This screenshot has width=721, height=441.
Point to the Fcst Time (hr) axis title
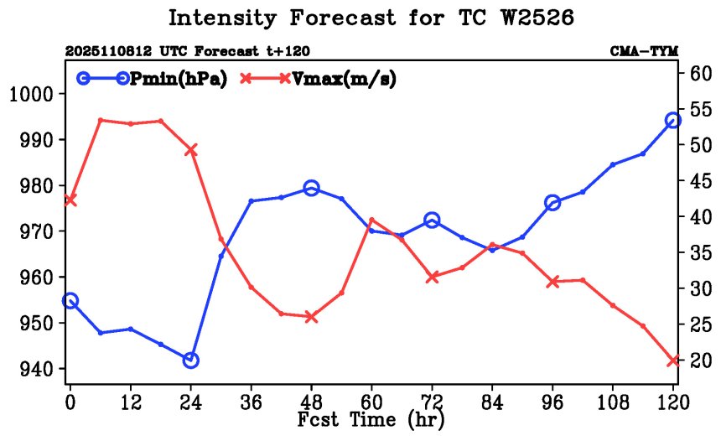[371, 419]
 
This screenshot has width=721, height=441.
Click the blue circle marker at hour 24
[190, 361]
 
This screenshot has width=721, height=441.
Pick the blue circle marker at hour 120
[672, 121]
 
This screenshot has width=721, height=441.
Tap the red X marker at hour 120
[672, 361]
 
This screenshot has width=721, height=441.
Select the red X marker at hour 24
[190, 150]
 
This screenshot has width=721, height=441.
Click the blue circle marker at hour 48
[311, 188]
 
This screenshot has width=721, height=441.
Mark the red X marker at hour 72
[432, 277]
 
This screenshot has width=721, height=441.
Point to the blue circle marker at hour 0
[70, 301]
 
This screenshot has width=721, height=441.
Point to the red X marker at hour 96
[552, 282]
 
